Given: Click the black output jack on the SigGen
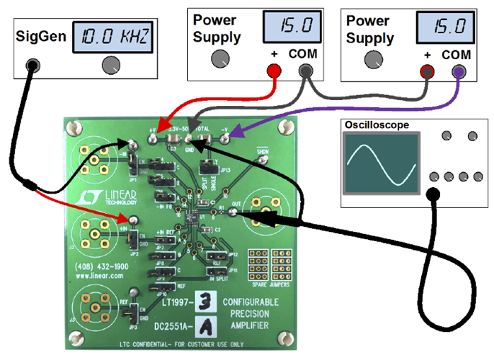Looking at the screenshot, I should (x=32, y=66).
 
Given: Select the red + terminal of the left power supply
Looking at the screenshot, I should (x=273, y=70).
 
